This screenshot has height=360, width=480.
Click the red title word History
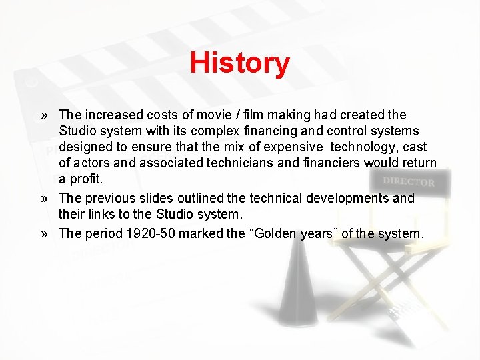click(239, 63)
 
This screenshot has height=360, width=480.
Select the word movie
click(199, 115)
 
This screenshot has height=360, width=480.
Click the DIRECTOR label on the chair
click(409, 181)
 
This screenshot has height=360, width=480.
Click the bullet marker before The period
click(44, 234)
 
